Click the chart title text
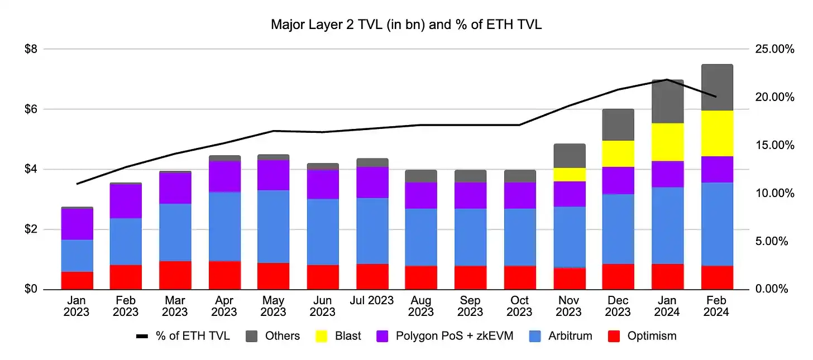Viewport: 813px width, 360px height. (x=406, y=25)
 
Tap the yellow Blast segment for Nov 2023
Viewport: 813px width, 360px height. (x=570, y=174)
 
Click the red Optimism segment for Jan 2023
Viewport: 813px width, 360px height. (x=76, y=280)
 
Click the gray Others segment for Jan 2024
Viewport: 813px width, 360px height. (x=668, y=101)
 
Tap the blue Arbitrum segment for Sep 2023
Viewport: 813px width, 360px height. (x=471, y=237)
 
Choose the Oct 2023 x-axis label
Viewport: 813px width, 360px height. (x=520, y=306)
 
